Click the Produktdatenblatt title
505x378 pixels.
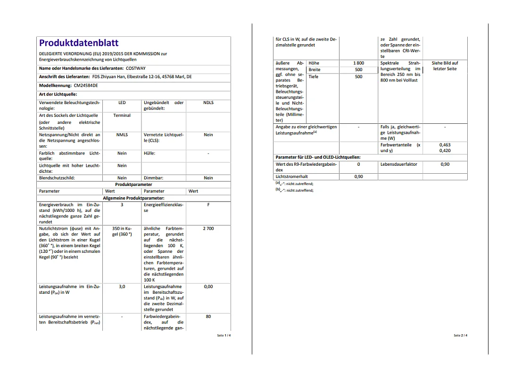79,43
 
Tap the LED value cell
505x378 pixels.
122,103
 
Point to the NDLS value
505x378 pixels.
208,103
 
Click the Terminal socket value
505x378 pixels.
122,115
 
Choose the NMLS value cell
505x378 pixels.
122,135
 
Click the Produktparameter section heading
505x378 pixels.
133,185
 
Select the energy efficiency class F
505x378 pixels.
208,205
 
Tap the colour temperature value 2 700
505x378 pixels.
208,228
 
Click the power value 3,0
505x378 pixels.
122,286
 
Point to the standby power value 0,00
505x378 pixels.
208,286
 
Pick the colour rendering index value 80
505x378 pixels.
208,317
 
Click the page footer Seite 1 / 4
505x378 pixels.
224,335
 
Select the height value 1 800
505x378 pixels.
358,63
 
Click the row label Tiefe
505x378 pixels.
314,76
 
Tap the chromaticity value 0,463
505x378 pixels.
444,145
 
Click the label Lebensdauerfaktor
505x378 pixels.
398,164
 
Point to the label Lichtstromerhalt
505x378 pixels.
292,177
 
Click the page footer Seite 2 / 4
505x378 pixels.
460,335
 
